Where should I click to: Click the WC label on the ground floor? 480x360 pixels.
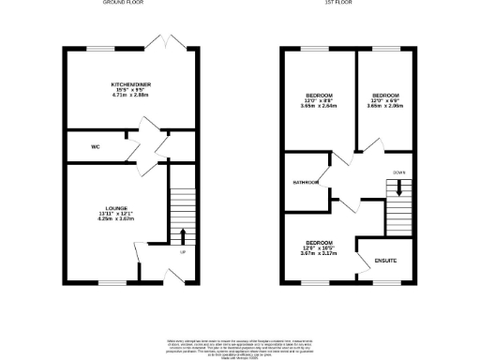click(96, 147)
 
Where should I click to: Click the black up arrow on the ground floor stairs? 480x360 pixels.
click(182, 234)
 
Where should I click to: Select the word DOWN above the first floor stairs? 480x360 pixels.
click(398, 172)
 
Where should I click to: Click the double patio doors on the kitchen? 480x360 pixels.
click(167, 42)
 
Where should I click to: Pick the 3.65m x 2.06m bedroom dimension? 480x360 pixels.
click(385, 106)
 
